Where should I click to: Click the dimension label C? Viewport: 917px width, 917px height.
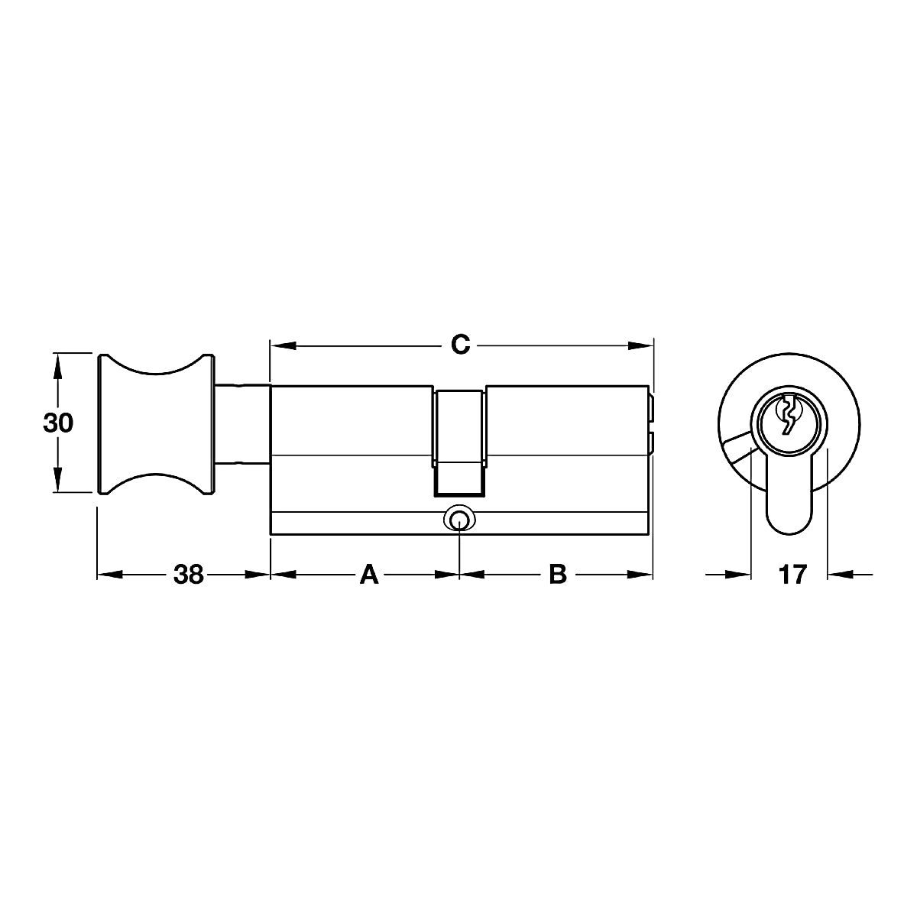tap(460, 344)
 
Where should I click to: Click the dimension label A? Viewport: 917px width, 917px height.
tap(369, 575)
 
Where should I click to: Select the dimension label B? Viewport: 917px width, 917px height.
tap(558, 575)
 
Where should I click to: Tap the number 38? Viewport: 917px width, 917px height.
tap(189, 575)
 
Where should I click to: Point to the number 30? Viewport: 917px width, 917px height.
tap(58, 423)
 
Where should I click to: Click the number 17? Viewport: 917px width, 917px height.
tap(792, 575)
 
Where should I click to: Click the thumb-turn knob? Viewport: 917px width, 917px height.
tap(156, 424)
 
